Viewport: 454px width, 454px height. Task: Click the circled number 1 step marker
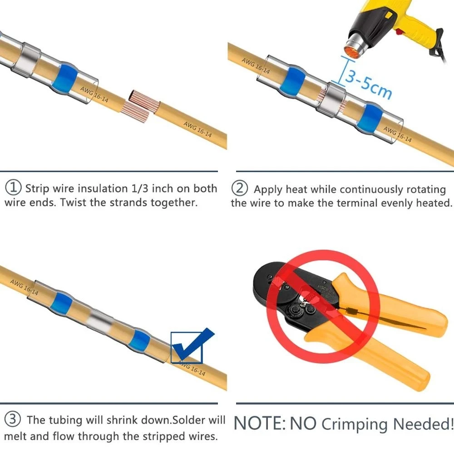tap(13, 188)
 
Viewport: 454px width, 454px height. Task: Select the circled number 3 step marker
tap(13, 419)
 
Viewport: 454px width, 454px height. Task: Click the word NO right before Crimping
tap(303, 424)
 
